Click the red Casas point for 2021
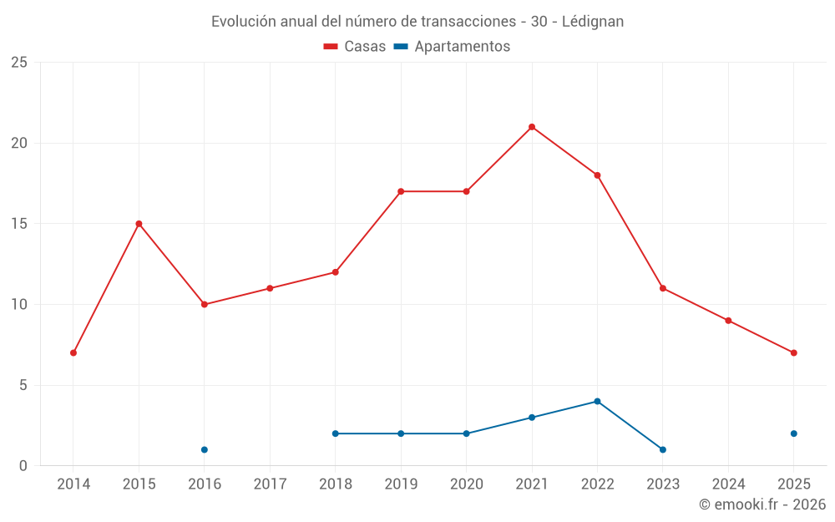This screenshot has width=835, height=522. (532, 127)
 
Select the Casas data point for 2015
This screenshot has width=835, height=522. (139, 224)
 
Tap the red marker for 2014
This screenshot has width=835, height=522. (73, 352)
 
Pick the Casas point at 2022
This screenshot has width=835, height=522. (597, 175)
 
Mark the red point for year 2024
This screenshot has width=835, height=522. (728, 321)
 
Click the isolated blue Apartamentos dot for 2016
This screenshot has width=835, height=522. (205, 449)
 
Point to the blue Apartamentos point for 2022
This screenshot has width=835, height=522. (597, 401)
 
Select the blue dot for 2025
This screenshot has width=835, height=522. (793, 433)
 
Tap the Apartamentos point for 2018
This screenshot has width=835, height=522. (335, 433)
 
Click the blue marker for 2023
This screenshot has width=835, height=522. (662, 449)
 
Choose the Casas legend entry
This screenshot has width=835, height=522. (355, 47)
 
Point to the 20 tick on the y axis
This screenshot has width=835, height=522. (18, 143)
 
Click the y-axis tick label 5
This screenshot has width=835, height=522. (23, 385)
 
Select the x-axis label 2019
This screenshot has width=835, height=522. (400, 484)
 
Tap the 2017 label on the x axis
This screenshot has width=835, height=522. (270, 484)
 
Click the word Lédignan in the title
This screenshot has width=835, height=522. (593, 22)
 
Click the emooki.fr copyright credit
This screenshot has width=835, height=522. (762, 504)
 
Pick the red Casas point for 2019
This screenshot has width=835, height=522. (401, 191)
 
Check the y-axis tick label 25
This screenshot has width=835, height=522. (18, 63)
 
